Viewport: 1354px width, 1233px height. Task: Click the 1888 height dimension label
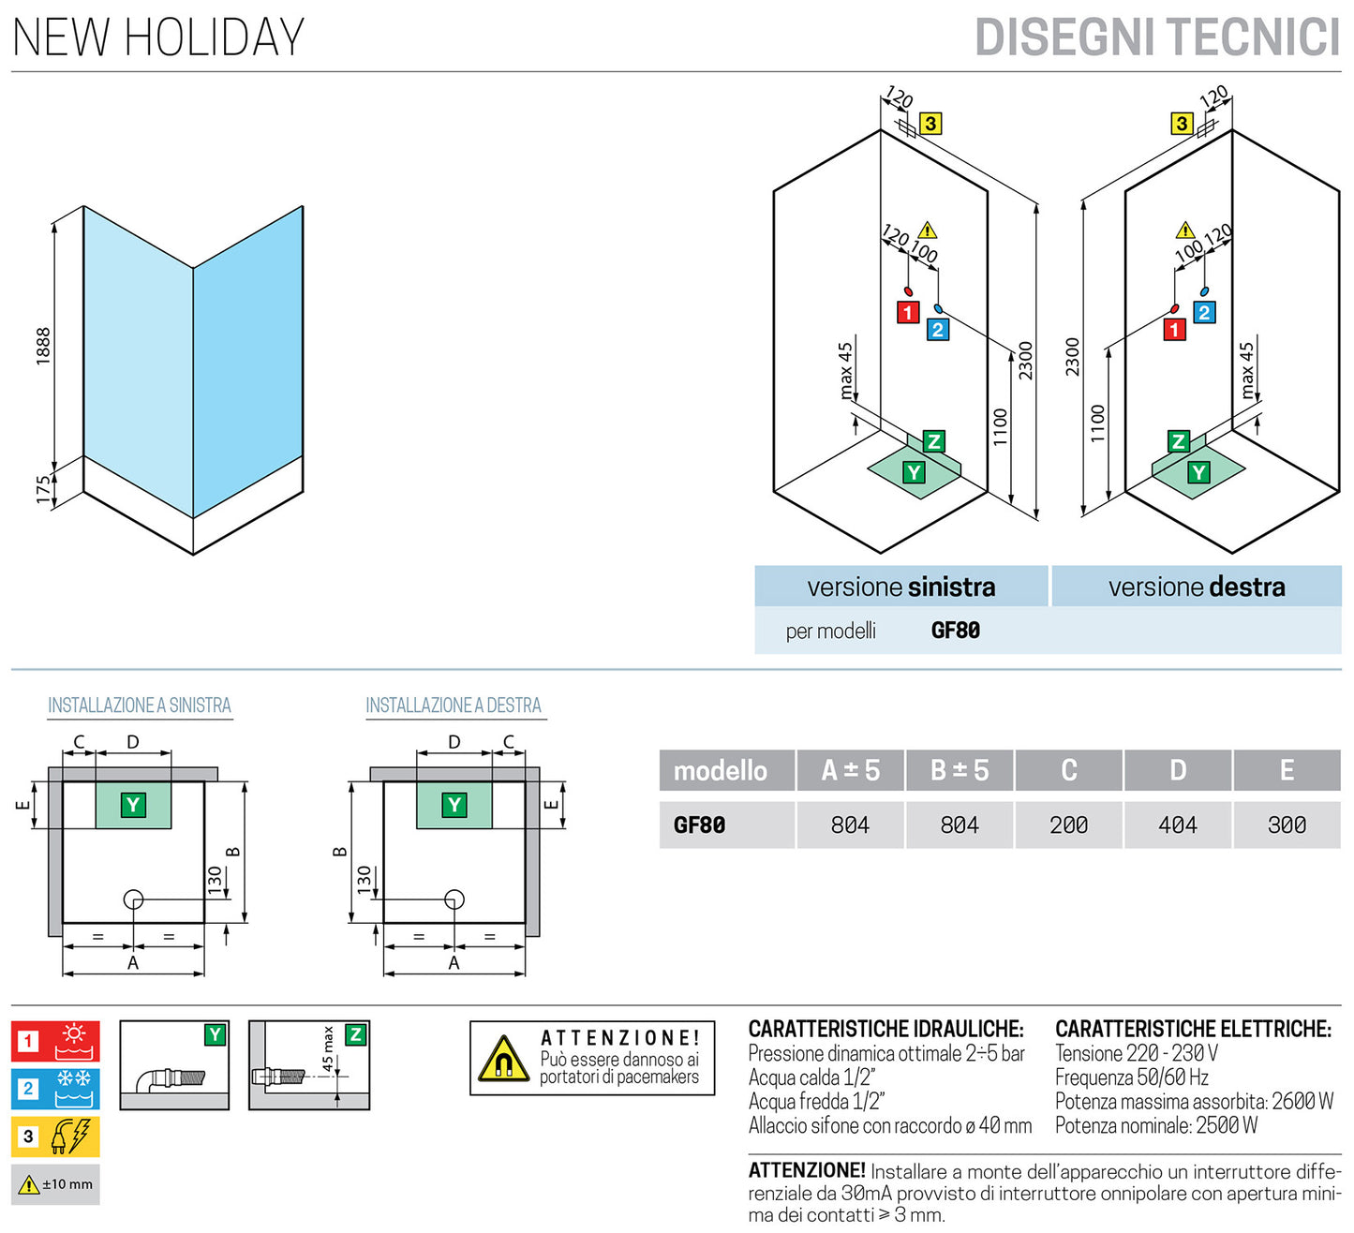pyautogui.click(x=43, y=346)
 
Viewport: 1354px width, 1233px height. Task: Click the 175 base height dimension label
pyautogui.click(x=43, y=489)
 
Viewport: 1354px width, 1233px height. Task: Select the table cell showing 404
pyautogui.click(x=1177, y=825)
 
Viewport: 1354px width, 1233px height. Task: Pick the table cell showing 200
pyautogui.click(x=1068, y=825)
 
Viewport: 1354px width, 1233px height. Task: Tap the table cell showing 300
pyautogui.click(x=1287, y=825)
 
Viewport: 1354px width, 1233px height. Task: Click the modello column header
pyautogui.click(x=720, y=771)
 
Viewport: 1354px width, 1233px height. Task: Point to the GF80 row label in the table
pyautogui.click(x=699, y=825)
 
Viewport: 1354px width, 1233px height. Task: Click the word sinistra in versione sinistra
pyautogui.click(x=950, y=587)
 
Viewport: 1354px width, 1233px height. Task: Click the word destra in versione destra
pyautogui.click(x=1246, y=587)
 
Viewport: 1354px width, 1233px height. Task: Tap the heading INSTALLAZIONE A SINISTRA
pyautogui.click(x=140, y=706)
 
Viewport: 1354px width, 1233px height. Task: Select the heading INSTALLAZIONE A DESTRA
pyautogui.click(x=454, y=706)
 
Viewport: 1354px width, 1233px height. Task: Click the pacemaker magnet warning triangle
pyautogui.click(x=503, y=1060)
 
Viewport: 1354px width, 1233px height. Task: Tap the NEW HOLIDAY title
pyautogui.click(x=158, y=37)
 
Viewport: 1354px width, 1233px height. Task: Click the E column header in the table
pyautogui.click(x=1287, y=771)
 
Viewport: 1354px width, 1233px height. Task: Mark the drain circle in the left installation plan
pyautogui.click(x=133, y=900)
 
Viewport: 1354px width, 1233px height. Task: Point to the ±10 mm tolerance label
pyautogui.click(x=67, y=1184)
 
